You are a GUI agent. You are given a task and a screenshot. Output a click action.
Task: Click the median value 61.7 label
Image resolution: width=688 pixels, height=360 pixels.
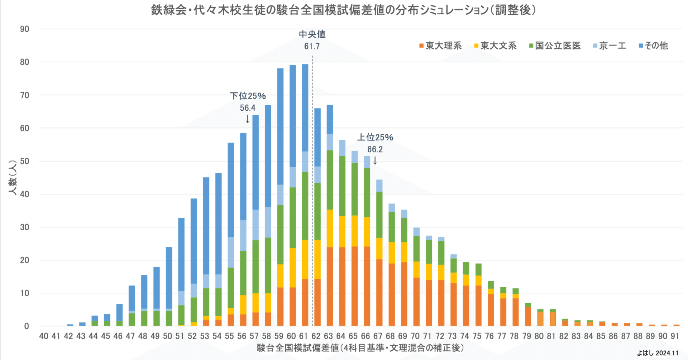[312, 46]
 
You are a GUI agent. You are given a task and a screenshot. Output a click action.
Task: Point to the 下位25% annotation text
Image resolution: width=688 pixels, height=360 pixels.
[248, 96]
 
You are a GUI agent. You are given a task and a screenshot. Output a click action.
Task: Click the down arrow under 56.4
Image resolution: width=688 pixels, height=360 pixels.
[248, 119]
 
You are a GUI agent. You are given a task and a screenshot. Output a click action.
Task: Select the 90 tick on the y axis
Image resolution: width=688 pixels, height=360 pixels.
[25, 29]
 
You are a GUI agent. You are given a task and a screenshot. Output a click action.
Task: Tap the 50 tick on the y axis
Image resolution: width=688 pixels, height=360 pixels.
[25, 161]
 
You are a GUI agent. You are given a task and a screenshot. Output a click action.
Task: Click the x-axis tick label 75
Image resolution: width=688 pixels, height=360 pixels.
[477, 336]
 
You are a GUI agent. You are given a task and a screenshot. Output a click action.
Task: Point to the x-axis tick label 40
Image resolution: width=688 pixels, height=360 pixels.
[44, 336]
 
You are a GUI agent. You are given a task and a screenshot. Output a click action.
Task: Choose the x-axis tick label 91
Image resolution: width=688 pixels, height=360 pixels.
[675, 336]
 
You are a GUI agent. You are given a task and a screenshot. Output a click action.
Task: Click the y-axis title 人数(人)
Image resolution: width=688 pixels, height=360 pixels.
[13, 177]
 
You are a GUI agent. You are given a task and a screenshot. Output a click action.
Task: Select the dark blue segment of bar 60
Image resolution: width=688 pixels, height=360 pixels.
[293, 115]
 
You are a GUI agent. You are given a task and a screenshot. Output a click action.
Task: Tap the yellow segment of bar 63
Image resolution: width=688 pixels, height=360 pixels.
[330, 228]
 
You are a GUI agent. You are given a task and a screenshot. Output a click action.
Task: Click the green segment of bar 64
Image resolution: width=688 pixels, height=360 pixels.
[342, 186]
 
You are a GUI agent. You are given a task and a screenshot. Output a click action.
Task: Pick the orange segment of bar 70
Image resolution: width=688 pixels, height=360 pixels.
[416, 302]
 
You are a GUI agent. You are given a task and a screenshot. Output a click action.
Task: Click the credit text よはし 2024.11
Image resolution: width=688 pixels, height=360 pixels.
[658, 353]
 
